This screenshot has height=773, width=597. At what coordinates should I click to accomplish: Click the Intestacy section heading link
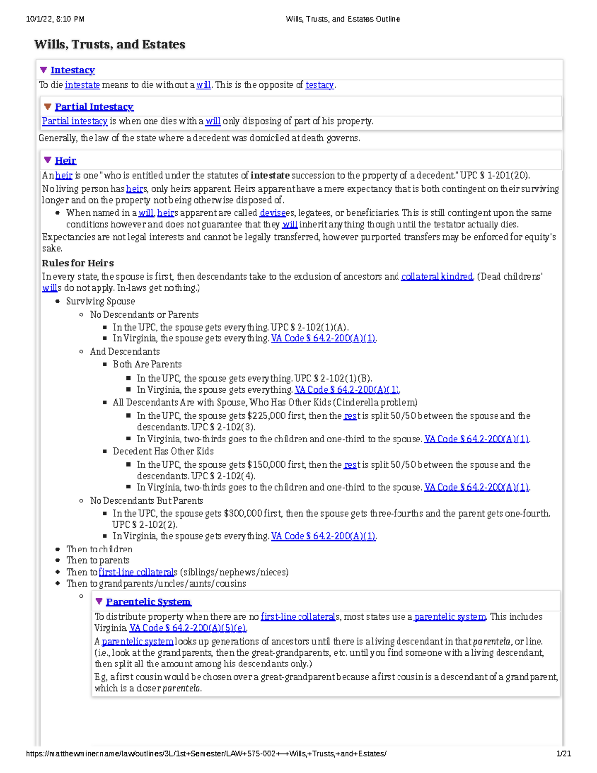point(72,70)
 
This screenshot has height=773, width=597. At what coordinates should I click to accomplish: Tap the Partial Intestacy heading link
point(94,107)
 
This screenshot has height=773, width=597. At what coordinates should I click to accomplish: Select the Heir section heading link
point(65,160)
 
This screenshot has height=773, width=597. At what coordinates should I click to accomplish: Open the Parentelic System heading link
point(148,602)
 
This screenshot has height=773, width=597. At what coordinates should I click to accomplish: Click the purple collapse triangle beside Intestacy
point(44,70)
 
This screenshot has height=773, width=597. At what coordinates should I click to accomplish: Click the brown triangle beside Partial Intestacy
point(48,107)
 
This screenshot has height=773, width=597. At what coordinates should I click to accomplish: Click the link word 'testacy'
point(319,85)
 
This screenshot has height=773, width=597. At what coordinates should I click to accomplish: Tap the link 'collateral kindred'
point(437,276)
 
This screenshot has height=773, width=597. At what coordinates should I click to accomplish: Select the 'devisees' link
point(272,213)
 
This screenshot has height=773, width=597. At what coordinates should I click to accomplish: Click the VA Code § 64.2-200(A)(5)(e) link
point(188,628)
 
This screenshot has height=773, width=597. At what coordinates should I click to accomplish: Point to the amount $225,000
point(267,416)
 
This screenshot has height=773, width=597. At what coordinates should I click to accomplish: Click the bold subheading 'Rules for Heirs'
point(78,263)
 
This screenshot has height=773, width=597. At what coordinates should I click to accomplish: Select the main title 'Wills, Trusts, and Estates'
point(109,44)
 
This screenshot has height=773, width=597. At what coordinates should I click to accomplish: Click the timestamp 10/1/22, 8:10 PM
point(55,19)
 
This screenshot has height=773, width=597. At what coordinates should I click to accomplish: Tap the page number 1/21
point(563,754)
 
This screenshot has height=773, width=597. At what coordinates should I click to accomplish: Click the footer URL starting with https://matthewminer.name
point(206,754)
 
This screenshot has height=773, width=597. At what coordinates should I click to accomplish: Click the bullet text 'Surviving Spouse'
point(100,301)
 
